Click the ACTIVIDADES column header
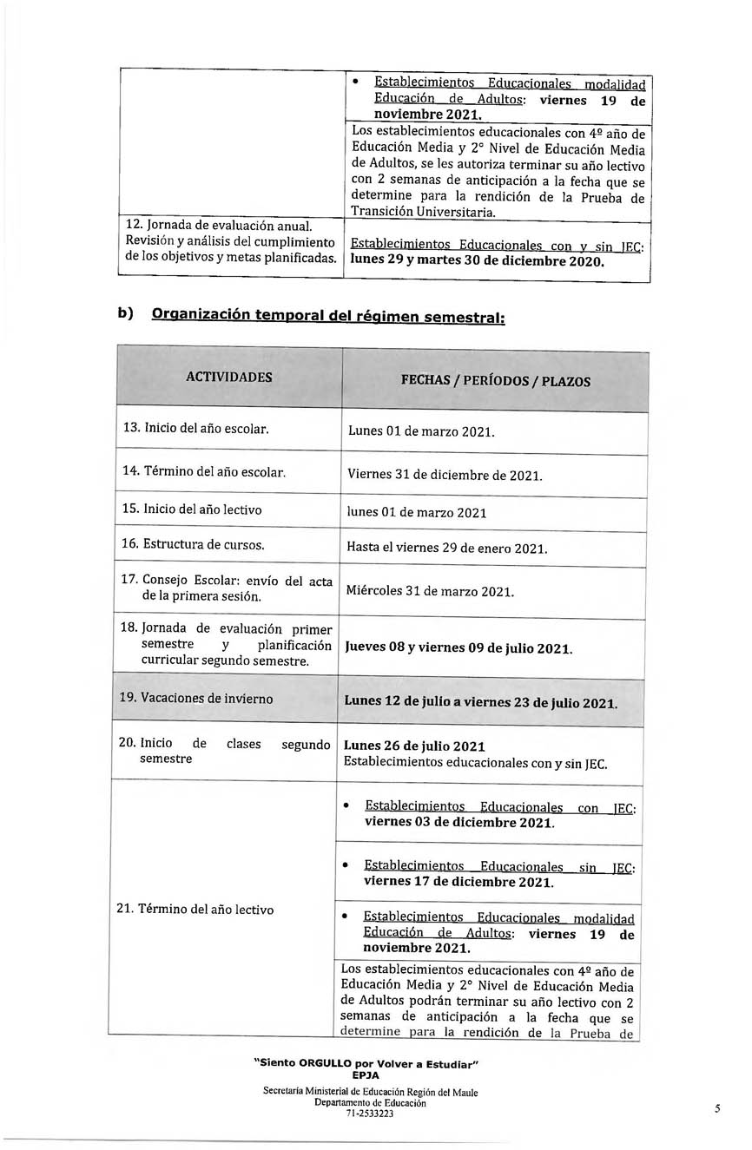tap(228, 378)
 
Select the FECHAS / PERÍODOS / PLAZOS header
tap(495, 381)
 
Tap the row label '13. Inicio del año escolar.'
tap(196, 429)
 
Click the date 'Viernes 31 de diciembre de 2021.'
tap(445, 476)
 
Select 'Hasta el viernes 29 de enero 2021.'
tap(446, 549)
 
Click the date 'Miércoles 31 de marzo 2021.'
tap(430, 592)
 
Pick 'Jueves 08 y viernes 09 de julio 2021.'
tap(458, 647)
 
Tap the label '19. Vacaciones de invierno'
tap(195, 699)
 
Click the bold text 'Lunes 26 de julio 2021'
tap(414, 746)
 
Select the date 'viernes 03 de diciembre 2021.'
tap(458, 823)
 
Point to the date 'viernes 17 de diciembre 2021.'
tap(458, 883)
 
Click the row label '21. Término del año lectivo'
tap(195, 910)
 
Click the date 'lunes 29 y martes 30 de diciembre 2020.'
tap(477, 261)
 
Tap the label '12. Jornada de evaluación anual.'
tap(213, 226)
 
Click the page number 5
tap(717, 1107)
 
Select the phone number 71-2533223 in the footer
tap(369, 1114)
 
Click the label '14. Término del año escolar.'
tap(201, 473)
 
